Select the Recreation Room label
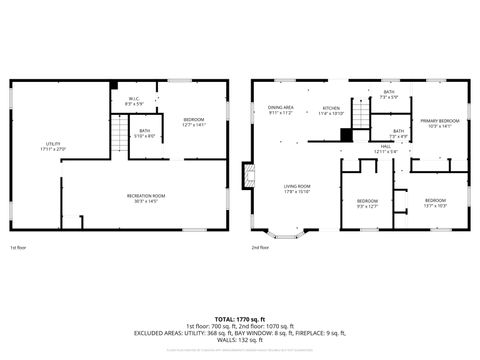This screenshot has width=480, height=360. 145,198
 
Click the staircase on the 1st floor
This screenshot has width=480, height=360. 118,130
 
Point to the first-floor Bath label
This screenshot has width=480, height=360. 145,133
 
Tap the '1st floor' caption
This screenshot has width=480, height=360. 18,247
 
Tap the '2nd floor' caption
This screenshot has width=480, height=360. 260,247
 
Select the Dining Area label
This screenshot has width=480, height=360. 280,110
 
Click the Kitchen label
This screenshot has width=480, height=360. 331,110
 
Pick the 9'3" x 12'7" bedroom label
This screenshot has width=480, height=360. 367,203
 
